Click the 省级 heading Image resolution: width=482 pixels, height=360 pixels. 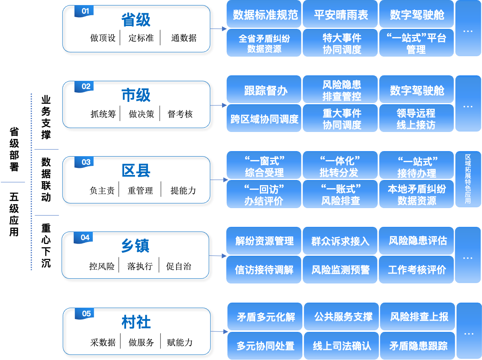136,20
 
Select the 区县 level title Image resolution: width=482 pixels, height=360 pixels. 136,171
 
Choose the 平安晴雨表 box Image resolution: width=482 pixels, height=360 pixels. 340,14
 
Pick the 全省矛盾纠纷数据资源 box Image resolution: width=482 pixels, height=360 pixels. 264,43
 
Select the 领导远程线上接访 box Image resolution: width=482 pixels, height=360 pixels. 416,119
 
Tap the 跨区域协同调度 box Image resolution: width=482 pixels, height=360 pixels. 264,119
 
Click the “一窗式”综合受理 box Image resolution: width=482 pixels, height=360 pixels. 264,166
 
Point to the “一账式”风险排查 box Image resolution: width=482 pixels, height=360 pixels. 340,194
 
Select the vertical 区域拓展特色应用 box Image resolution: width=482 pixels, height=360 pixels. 468,179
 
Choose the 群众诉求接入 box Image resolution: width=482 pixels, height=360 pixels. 340,241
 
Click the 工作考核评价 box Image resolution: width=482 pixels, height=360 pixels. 416,269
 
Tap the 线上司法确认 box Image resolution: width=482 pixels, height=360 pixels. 341,346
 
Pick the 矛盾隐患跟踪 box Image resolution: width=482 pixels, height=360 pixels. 418,346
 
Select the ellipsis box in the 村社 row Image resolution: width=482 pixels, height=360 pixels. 468,331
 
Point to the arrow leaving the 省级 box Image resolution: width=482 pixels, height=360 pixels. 219,29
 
